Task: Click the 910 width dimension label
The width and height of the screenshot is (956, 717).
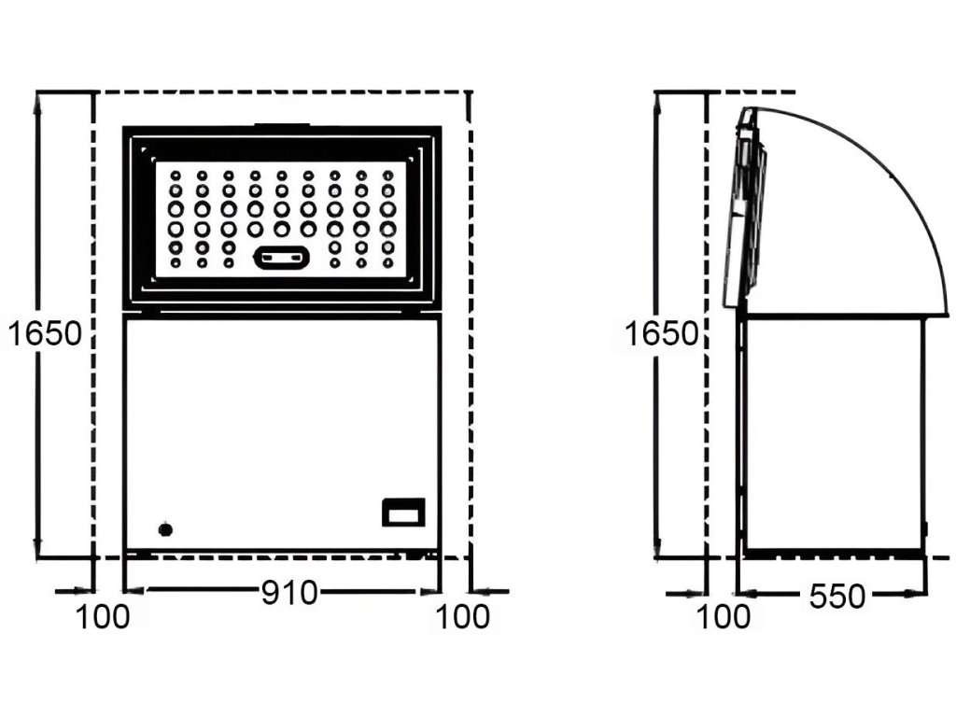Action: point(288,593)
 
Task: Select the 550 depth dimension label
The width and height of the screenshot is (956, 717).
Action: point(837,596)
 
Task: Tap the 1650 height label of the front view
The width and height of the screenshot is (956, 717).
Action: point(45,332)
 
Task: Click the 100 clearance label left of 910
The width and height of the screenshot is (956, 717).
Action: point(103,617)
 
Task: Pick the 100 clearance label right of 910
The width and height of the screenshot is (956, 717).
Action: point(461,617)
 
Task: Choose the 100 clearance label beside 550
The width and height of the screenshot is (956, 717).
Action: point(723,617)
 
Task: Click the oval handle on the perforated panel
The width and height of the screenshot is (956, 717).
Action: point(281,257)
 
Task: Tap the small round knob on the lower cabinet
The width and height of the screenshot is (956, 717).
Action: point(165,529)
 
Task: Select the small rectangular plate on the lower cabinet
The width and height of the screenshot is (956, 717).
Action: point(403,513)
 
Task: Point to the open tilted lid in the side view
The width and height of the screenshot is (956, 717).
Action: point(750,210)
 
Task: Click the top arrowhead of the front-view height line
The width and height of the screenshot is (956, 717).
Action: point(37,102)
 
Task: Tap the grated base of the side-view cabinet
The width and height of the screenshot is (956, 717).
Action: point(831,555)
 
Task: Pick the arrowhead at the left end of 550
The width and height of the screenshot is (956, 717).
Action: point(745,591)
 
